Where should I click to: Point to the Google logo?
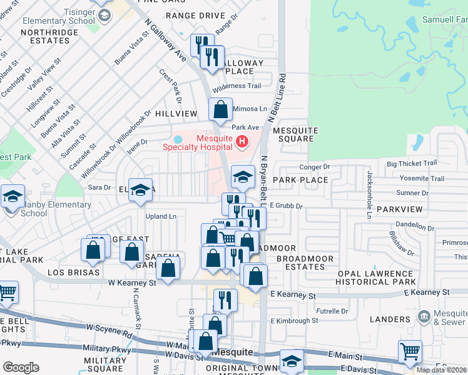[21, 367]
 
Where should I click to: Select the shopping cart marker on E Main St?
[410, 351]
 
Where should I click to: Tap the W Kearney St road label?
[133, 283]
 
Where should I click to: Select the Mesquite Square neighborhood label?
[295, 135]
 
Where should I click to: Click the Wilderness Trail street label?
[237, 86]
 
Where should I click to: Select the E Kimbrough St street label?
[294, 321]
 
